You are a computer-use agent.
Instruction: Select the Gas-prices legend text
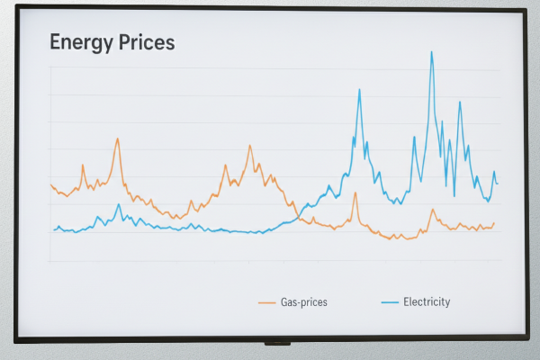click(303, 302)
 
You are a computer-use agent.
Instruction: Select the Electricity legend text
click(427, 301)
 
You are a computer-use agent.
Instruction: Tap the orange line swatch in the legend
click(266, 302)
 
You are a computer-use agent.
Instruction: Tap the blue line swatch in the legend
click(389, 302)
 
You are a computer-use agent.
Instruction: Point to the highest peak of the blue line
click(432, 51)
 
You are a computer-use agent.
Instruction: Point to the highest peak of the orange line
click(117, 139)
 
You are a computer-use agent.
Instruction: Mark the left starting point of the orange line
click(51, 184)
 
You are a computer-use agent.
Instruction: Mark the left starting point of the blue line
click(53, 230)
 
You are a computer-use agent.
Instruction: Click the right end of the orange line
click(494, 222)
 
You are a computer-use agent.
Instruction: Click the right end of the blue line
click(497, 184)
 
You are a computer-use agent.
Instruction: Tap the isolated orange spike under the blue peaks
click(355, 192)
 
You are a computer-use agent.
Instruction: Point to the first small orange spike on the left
click(83, 165)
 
